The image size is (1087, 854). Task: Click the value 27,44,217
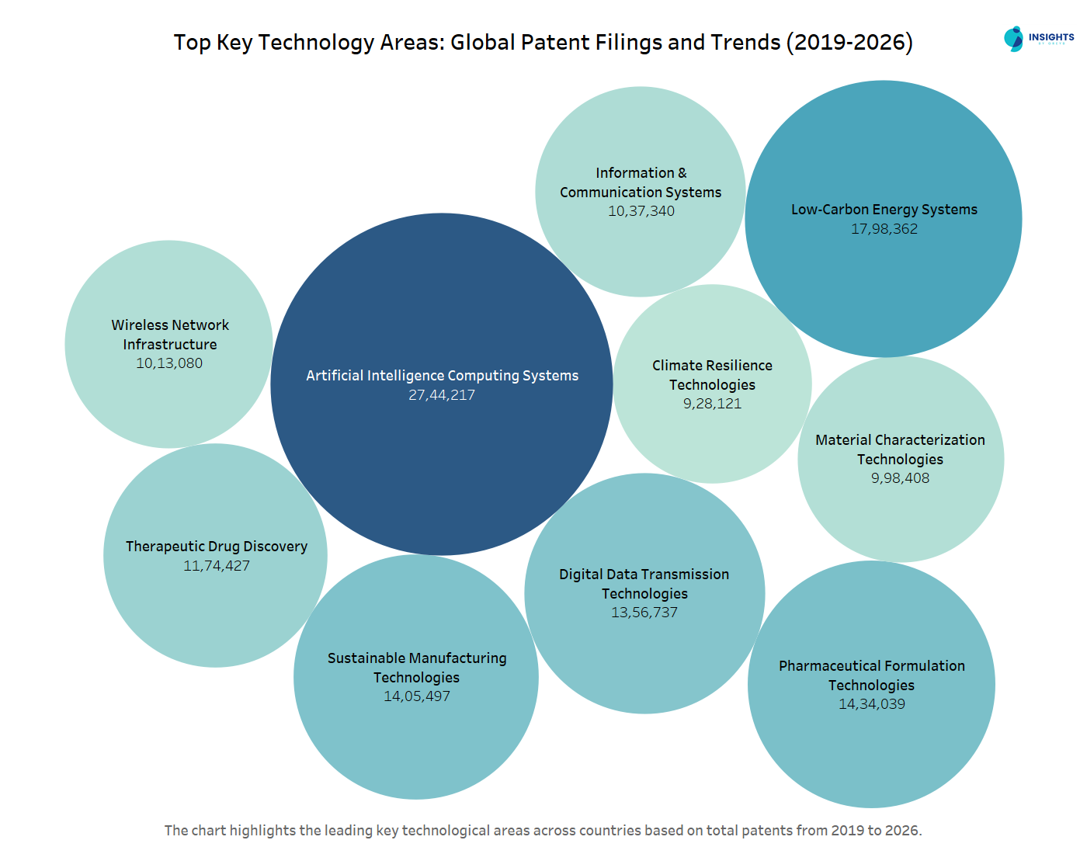[x=442, y=395]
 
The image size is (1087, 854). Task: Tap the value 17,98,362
[x=884, y=229]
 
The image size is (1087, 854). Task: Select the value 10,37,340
[x=641, y=211]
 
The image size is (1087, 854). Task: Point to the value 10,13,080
[x=169, y=363]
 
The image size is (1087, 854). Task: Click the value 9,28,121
[x=712, y=404]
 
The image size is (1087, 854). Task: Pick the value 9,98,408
[x=900, y=478]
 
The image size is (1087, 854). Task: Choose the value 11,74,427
[x=217, y=566]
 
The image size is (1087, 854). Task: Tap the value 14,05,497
[x=417, y=696]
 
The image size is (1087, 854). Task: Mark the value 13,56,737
[x=644, y=613]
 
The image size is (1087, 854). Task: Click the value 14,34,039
[x=872, y=704]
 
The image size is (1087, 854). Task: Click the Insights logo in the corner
[x=1038, y=39]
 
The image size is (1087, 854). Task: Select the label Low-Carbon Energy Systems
[x=884, y=210]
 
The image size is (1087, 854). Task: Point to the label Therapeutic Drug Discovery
[x=217, y=547]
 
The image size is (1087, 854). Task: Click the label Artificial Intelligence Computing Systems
[x=442, y=376]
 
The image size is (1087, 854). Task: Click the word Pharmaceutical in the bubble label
[x=825, y=666]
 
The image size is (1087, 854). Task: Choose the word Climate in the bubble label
[x=676, y=366]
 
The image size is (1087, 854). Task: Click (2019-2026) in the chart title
[x=849, y=42]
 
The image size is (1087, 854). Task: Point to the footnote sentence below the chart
[x=543, y=831]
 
